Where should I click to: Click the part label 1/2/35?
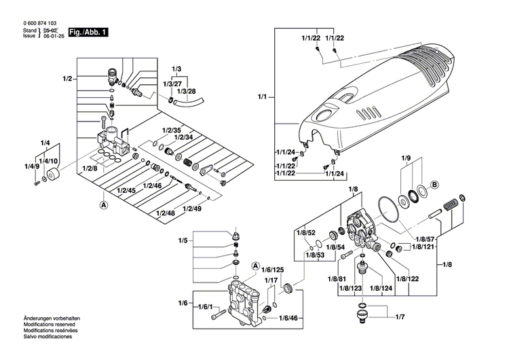[x=172, y=129]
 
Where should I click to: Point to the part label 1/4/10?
[x=48, y=160]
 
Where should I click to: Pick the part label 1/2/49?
[x=192, y=209]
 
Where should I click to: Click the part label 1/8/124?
[x=381, y=289]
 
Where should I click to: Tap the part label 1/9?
[x=406, y=159]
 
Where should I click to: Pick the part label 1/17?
[x=271, y=281]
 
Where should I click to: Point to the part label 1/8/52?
[x=306, y=232]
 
